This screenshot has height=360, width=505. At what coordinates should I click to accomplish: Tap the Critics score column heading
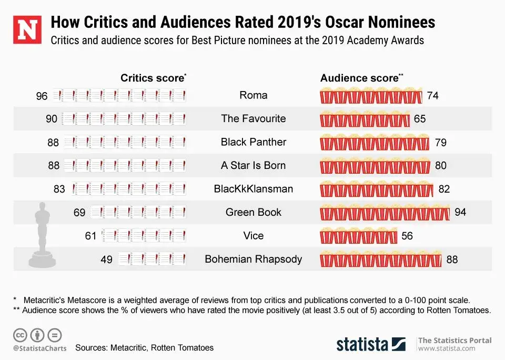(152, 78)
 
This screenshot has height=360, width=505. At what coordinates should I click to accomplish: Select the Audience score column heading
(359, 78)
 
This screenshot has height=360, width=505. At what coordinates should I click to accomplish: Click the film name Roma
(253, 95)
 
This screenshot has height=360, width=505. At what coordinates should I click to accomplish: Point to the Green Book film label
(253, 212)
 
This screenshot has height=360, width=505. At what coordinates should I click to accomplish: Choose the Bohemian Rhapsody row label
(253, 259)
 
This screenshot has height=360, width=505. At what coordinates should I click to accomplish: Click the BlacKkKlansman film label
(253, 189)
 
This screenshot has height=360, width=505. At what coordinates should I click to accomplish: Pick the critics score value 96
(42, 96)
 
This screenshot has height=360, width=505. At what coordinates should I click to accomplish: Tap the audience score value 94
(460, 212)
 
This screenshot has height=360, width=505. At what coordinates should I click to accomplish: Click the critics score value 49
(106, 259)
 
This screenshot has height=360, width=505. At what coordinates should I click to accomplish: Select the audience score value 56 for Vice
(407, 236)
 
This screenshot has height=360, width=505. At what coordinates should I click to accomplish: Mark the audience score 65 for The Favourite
(419, 119)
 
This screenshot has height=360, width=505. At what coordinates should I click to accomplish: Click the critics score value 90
(52, 119)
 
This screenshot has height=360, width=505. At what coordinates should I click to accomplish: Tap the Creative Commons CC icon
(20, 335)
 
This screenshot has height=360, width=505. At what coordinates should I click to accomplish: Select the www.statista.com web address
(447, 348)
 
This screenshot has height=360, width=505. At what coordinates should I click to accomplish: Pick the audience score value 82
(444, 189)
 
